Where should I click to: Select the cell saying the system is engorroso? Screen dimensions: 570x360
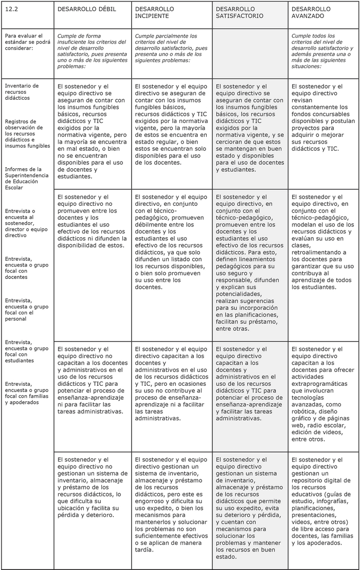pos(169,504)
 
